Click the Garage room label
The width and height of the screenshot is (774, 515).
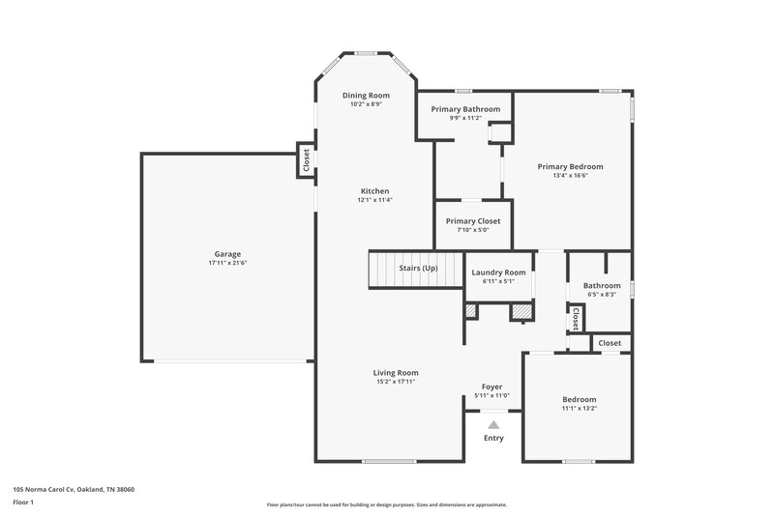tap(227, 254)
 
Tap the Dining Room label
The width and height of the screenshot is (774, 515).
tap(367, 95)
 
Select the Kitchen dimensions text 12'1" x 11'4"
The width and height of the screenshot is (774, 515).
tap(374, 200)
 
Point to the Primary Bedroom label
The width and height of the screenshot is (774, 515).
tap(570, 166)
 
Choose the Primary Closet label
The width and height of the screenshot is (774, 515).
tap(473, 221)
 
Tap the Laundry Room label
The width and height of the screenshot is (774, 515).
tap(498, 273)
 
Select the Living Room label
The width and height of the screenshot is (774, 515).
tap(396, 372)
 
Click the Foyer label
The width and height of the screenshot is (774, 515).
tap(492, 386)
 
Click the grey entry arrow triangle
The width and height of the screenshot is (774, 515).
tap(493, 424)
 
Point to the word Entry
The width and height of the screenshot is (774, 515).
tap(493, 438)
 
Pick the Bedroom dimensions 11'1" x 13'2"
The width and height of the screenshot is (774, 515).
tap(580, 409)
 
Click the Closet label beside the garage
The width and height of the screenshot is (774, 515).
tap(306, 159)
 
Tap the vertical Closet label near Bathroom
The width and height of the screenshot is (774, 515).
tap(575, 318)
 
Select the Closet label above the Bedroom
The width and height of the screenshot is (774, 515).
tap(610, 343)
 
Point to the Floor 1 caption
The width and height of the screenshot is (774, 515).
tap(23, 503)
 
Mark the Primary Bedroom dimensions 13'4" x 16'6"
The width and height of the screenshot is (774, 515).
tap(570, 176)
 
